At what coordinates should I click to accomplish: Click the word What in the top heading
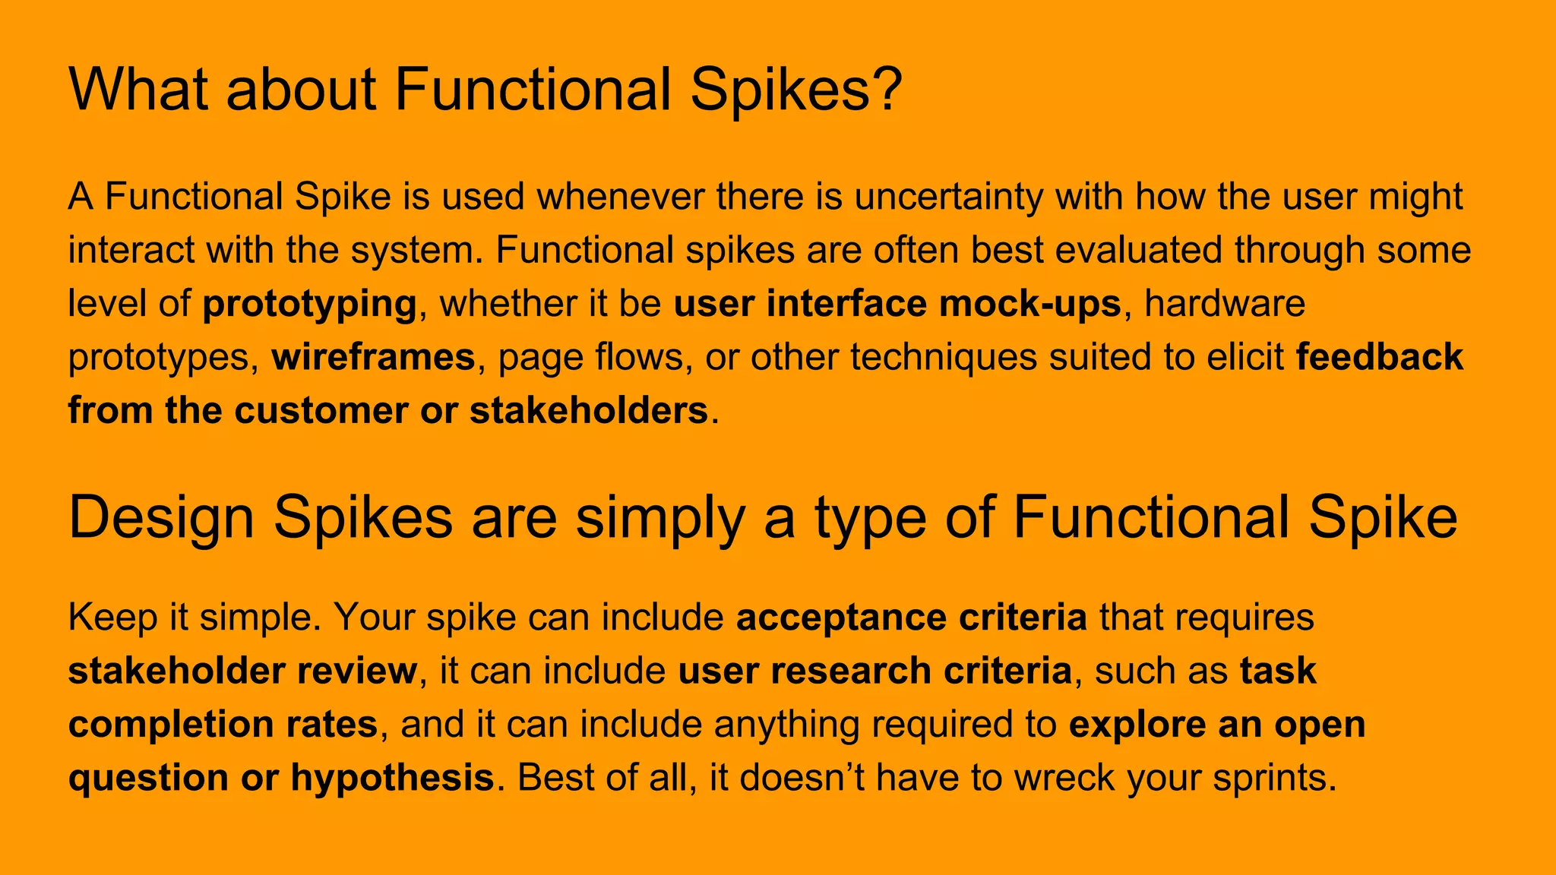pyautogui.click(x=138, y=90)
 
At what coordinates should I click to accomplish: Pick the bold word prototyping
pyautogui.click(x=309, y=304)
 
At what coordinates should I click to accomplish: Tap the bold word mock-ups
pyautogui.click(x=1029, y=304)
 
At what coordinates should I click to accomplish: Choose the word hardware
pyautogui.click(x=1225, y=304)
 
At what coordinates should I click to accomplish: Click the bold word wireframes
pyautogui.click(x=373, y=357)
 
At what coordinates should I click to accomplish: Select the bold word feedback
pyautogui.click(x=1379, y=357)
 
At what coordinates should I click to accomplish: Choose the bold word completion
pyautogui.click(x=170, y=725)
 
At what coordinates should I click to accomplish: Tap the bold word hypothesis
pyautogui.click(x=392, y=778)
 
